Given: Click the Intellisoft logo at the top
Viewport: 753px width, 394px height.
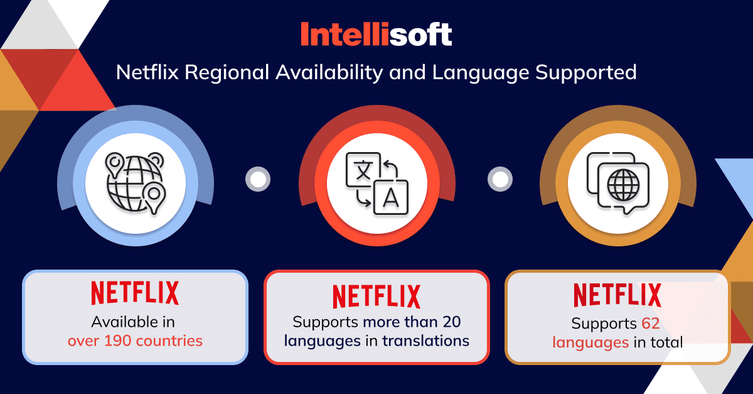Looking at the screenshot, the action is point(376,34).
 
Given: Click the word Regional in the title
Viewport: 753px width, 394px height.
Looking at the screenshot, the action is point(227,72).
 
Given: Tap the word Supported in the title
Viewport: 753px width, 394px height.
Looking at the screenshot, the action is point(586,73).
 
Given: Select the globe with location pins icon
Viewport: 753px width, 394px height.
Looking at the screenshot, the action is point(136,183).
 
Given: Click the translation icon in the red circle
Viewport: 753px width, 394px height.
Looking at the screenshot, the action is point(377,183).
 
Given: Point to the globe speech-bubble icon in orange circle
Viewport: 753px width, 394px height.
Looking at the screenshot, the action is point(618,183).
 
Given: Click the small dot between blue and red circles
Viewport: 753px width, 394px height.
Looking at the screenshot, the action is point(258,179).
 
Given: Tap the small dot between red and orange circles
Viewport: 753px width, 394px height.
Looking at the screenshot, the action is point(500,179).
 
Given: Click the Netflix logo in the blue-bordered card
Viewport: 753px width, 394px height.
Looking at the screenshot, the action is point(135,293).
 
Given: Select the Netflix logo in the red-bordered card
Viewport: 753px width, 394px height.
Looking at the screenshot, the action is point(376,297).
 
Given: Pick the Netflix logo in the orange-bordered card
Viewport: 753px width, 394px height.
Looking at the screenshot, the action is point(617,295).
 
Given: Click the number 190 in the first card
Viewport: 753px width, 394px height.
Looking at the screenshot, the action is point(118,341).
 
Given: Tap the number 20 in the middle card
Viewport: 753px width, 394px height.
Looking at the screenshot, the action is point(451,322).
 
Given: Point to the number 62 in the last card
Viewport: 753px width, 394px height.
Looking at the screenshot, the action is point(651,323).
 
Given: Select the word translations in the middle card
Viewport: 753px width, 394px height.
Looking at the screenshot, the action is point(426,341).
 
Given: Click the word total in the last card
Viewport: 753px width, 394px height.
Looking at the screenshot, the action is point(667,342).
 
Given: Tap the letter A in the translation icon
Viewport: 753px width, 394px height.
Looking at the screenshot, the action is point(391,198).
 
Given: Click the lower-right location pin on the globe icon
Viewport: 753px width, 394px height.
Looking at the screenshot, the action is point(154,198).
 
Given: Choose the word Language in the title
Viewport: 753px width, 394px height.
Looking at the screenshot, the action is point(481,73).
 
